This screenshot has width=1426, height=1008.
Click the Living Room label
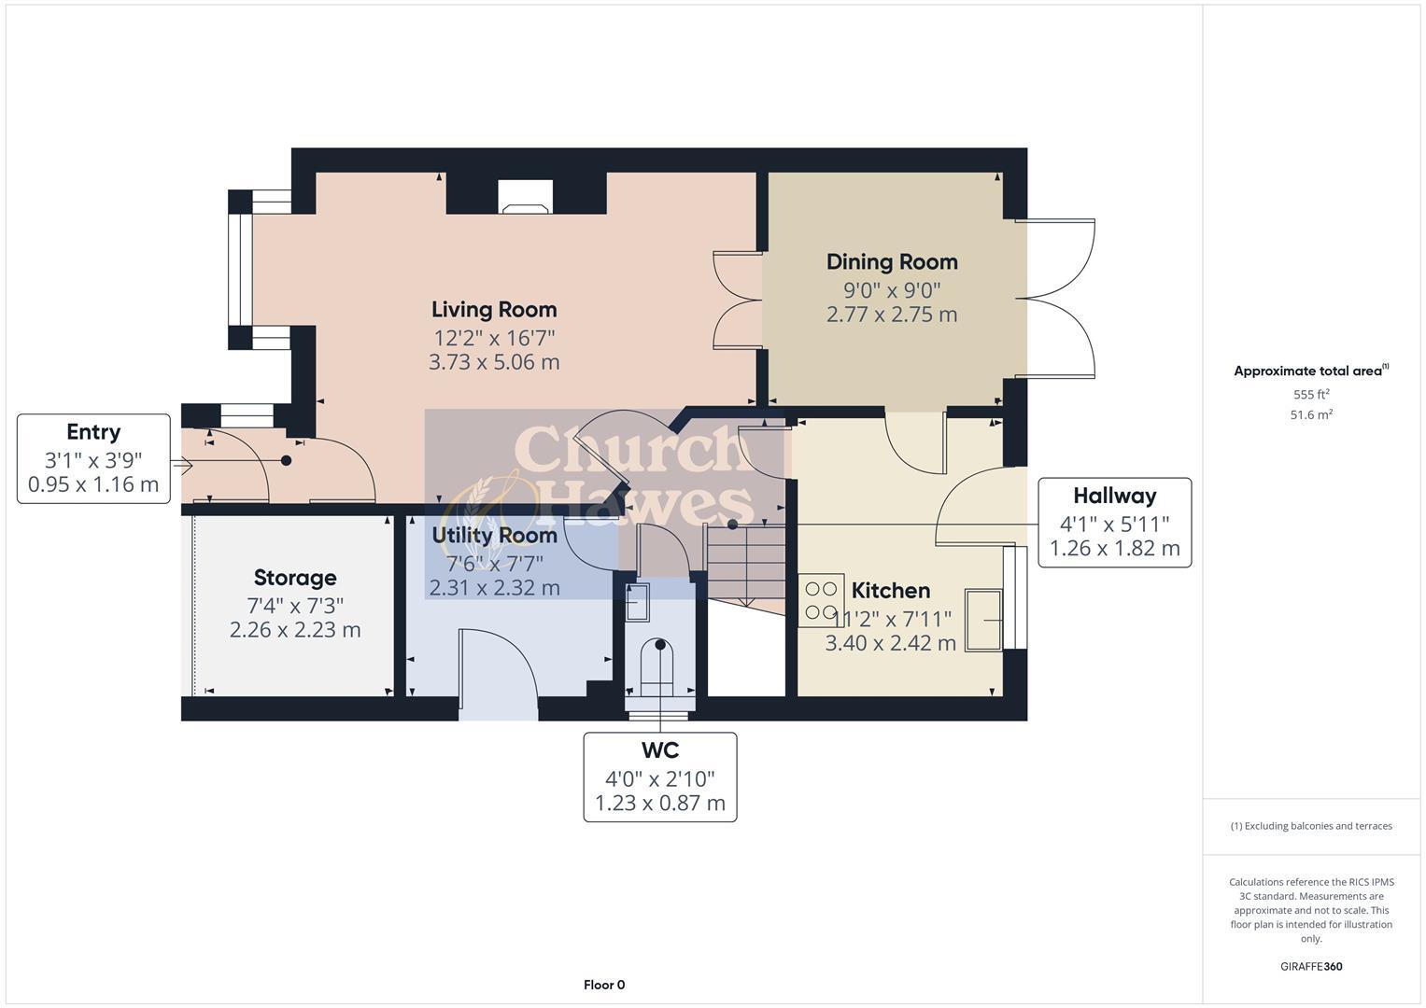tap(494, 310)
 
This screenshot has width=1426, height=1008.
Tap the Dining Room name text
tap(892, 262)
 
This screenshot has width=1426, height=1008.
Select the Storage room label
tap(295, 578)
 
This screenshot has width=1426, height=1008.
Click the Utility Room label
tap(494, 536)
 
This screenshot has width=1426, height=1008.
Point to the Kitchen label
tap(891, 591)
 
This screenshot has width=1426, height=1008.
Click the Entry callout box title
tap(93, 432)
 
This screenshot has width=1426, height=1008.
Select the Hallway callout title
tap(1114, 496)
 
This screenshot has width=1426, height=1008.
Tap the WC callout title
tap(659, 750)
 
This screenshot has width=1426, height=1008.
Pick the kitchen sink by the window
tap(983, 619)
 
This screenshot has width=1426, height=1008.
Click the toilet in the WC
tap(660, 665)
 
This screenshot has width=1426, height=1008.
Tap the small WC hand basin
tap(636, 603)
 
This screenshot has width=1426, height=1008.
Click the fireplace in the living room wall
tap(526, 197)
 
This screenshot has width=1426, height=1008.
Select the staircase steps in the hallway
tap(744, 565)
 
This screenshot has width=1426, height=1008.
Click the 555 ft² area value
tap(1311, 395)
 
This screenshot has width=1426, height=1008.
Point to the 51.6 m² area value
tap(1311, 415)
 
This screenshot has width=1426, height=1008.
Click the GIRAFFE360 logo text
tap(1311, 966)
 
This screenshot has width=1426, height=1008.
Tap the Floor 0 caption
tap(604, 985)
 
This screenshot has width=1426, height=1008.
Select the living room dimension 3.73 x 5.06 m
tap(494, 362)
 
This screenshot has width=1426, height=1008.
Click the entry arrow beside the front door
tap(181, 464)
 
